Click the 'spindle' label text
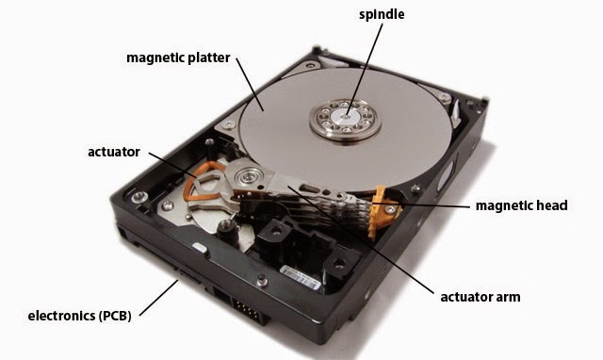click(x=382, y=15)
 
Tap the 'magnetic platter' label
click(x=178, y=57)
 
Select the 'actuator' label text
click(x=113, y=152)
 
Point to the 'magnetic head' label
click(x=521, y=205)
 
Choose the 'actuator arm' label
click(x=481, y=297)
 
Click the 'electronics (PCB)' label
click(x=79, y=316)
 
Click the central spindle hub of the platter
click(x=346, y=117)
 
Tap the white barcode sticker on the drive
click(x=300, y=276)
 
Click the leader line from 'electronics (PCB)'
click(x=159, y=298)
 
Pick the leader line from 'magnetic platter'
click(x=250, y=85)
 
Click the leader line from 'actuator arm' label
click(x=361, y=239)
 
